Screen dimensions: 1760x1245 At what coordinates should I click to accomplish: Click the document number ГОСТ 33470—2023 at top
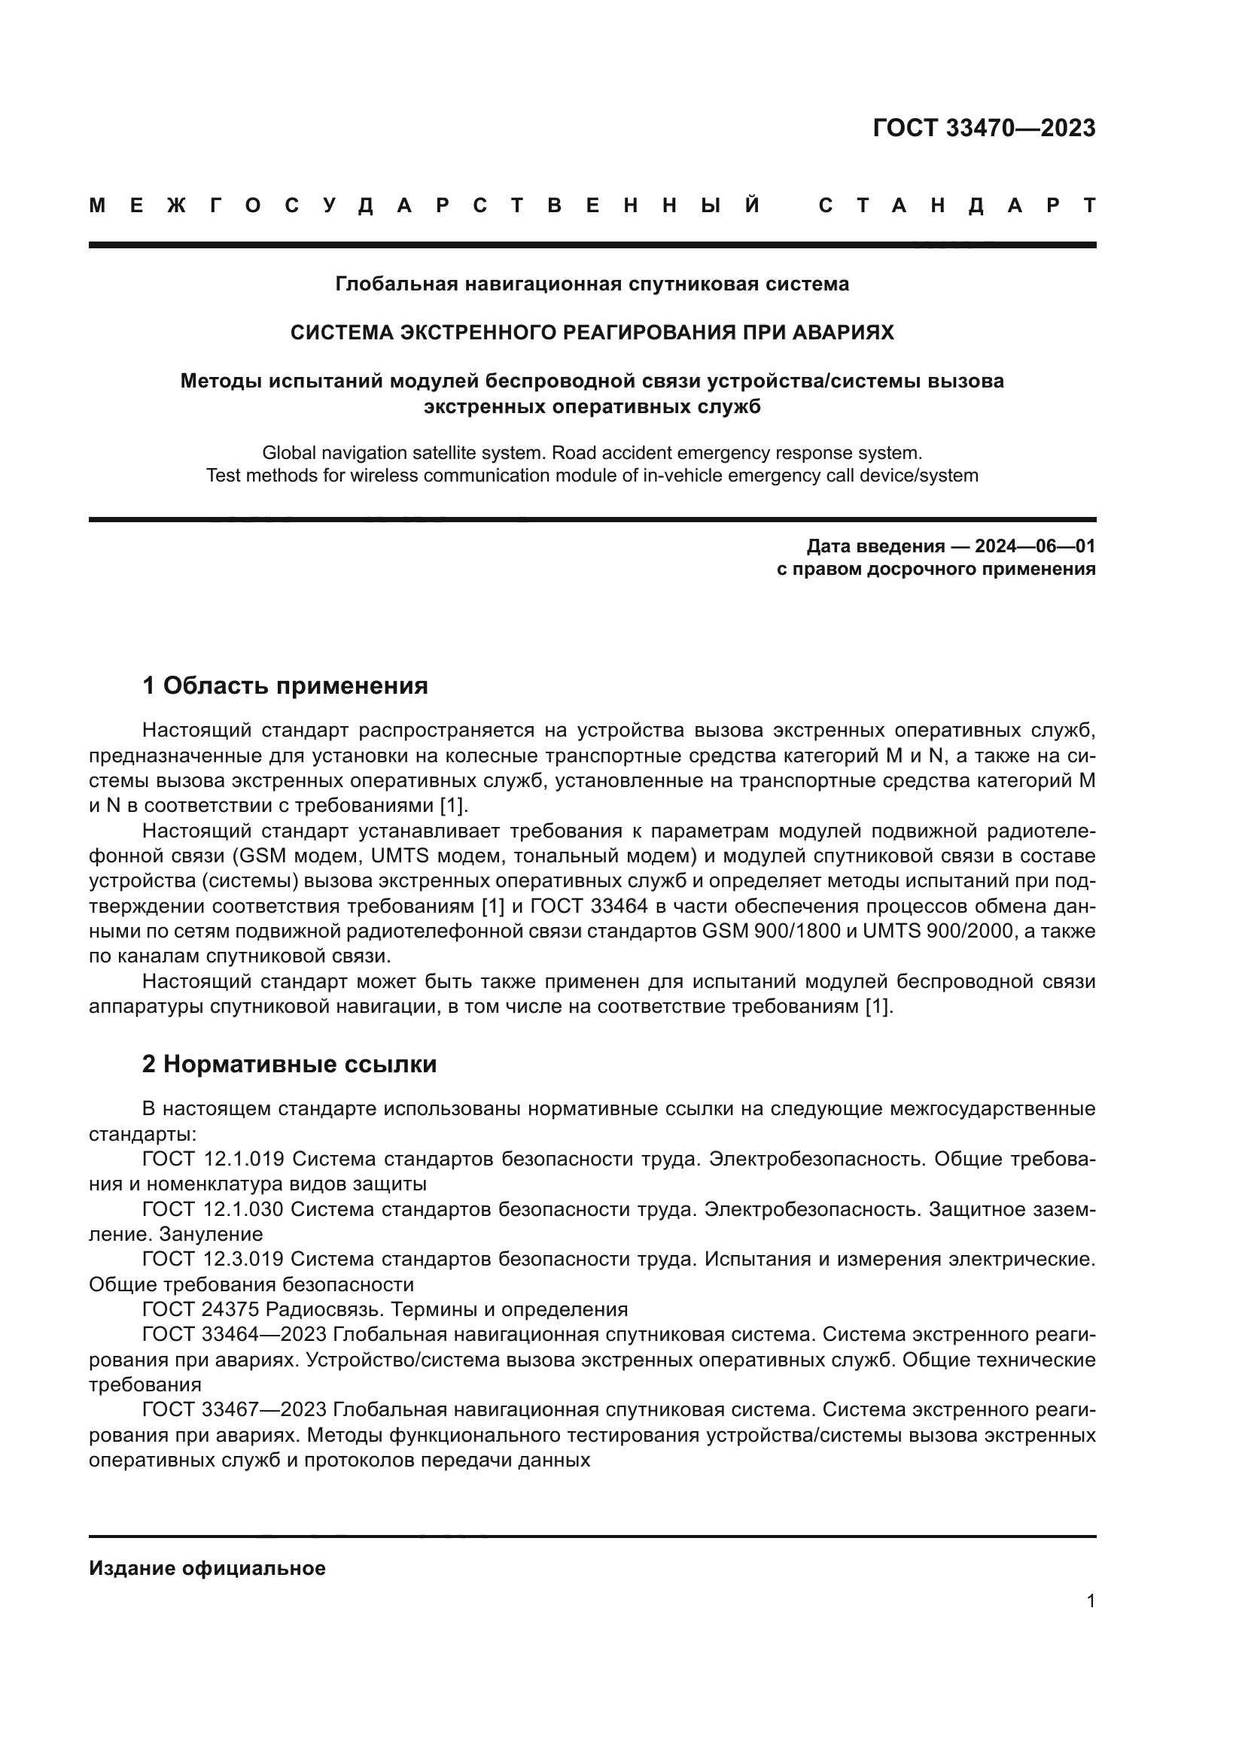click(x=984, y=128)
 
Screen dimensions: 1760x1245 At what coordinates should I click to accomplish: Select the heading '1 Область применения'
click(x=285, y=685)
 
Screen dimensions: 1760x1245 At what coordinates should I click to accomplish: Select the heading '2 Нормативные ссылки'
click(x=289, y=1064)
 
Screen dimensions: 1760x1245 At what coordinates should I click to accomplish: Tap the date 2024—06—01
click(x=1034, y=546)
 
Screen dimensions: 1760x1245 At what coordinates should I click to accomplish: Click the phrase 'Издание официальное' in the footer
click(x=207, y=1568)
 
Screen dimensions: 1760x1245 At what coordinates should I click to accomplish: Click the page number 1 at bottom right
click(x=1090, y=1601)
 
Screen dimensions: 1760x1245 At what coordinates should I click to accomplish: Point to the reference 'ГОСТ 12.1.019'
click(x=213, y=1158)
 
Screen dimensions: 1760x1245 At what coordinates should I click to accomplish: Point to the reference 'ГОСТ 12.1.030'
click(x=213, y=1209)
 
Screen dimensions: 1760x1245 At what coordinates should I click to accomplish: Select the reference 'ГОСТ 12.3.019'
click(x=213, y=1259)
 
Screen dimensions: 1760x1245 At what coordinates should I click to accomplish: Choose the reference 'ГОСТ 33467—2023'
click(x=235, y=1409)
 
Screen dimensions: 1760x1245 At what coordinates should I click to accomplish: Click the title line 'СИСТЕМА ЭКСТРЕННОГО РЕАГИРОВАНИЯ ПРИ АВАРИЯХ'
click(x=592, y=333)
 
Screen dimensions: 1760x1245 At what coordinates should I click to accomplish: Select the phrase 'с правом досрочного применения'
click(x=936, y=569)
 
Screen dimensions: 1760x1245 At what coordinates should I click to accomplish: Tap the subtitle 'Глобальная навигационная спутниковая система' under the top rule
click(x=592, y=284)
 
